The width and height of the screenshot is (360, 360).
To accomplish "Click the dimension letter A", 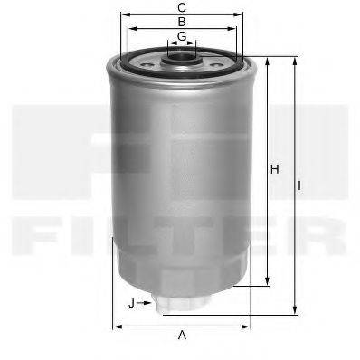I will (182, 336).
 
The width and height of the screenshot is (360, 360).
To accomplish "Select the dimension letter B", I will (182, 21).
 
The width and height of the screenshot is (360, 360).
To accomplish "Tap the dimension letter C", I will (182, 6).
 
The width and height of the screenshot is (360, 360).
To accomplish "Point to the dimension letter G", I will (182, 36).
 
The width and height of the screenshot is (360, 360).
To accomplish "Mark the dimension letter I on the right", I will (301, 185).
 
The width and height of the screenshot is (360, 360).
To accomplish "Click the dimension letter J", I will (132, 302).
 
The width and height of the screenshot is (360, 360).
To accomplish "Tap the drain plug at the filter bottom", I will (175, 304).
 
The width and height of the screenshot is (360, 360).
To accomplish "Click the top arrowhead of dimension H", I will (268, 60).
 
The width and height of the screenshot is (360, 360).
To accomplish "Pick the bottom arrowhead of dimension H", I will (268, 282).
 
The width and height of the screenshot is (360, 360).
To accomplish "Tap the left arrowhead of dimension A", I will (114, 325).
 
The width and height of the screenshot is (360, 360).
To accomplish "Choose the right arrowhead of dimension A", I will (249, 325).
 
